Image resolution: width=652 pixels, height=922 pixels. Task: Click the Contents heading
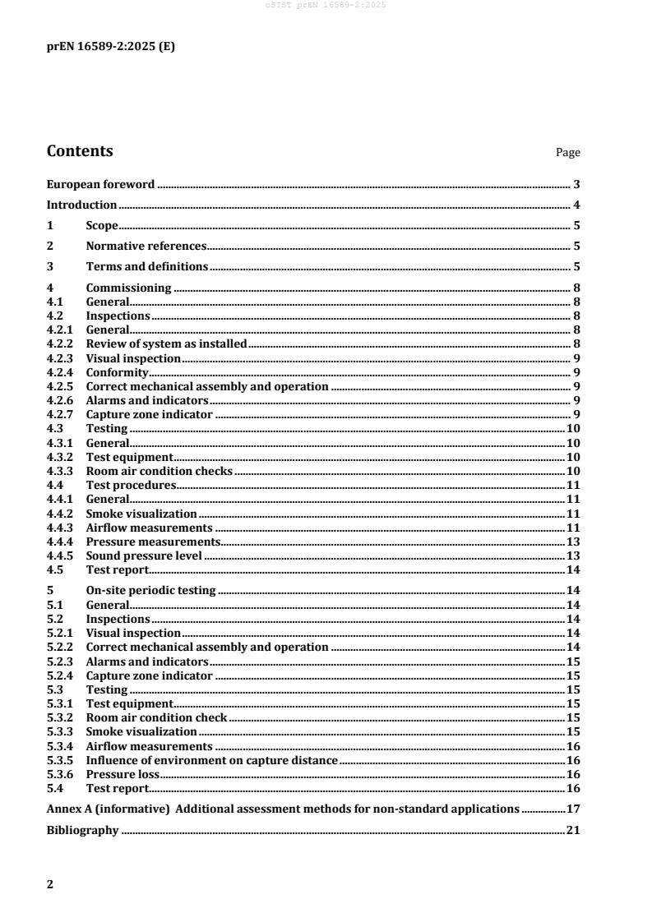click(x=80, y=151)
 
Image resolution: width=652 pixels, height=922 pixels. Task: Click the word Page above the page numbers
click(x=568, y=153)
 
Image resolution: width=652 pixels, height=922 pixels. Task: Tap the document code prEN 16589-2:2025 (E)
click(x=110, y=47)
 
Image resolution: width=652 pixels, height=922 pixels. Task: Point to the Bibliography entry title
click(x=82, y=831)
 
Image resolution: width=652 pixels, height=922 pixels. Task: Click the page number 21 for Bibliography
click(x=574, y=831)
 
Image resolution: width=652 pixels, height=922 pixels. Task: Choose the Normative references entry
click(x=146, y=246)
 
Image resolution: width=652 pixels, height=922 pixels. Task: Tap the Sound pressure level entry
click(x=144, y=556)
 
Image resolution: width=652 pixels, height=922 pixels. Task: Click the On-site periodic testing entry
click(x=150, y=590)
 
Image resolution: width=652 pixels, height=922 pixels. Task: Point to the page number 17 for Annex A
click(x=574, y=809)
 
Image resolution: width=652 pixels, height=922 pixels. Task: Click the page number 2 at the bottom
click(x=50, y=883)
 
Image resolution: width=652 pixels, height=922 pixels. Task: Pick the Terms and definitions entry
click(x=146, y=266)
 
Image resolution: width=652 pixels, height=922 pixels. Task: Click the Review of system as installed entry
click(x=166, y=343)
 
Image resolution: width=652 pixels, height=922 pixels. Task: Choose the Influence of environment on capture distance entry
click(x=212, y=761)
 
